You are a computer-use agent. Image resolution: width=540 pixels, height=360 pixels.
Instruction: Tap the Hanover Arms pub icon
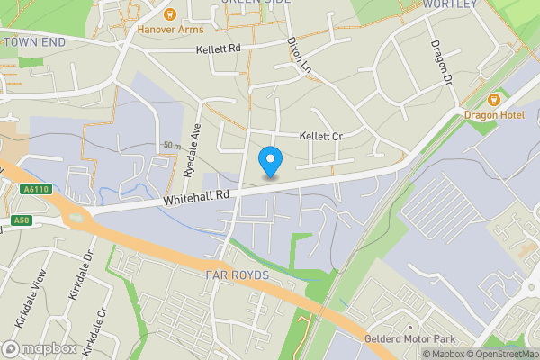(x=168, y=13)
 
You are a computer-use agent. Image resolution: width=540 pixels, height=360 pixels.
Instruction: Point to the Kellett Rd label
(x=220, y=48)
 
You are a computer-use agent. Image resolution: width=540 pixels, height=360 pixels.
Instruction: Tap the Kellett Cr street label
(x=321, y=136)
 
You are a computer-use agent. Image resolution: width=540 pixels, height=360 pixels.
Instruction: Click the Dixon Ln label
(x=299, y=55)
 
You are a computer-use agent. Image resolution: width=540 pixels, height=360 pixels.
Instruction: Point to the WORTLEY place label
(x=448, y=4)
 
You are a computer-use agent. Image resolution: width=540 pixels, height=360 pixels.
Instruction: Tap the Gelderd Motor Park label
(x=411, y=339)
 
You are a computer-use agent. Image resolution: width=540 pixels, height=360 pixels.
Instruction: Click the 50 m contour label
(x=173, y=145)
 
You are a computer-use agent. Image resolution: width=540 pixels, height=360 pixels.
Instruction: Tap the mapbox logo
(x=39, y=348)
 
